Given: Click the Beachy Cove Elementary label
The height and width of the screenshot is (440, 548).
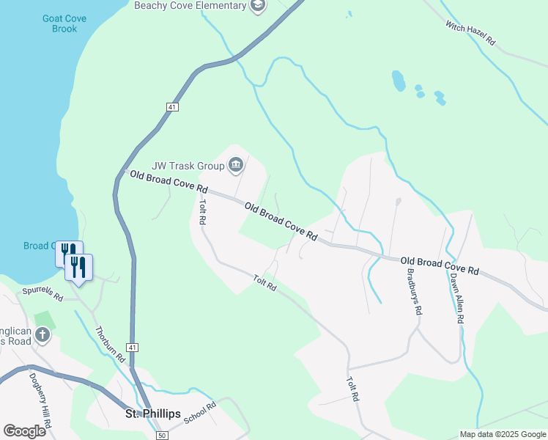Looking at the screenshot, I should click(x=190, y=6).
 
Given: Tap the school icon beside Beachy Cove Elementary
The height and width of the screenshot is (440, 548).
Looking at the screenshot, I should click(x=257, y=6).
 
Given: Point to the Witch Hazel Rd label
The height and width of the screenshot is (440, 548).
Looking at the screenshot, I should click(x=470, y=34).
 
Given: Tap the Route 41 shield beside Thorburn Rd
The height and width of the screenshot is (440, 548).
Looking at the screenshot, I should click(x=132, y=347).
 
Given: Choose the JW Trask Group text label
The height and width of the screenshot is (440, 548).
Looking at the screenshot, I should click(x=188, y=166).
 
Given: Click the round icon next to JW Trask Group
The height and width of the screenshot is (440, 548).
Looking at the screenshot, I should click(x=236, y=165).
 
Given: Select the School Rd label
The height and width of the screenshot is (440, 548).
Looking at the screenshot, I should click(x=201, y=412).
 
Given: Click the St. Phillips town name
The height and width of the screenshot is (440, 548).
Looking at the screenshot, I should click(x=152, y=414).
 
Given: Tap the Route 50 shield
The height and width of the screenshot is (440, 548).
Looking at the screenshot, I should click(x=162, y=435).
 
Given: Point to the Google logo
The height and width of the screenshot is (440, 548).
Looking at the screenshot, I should click(x=24, y=431).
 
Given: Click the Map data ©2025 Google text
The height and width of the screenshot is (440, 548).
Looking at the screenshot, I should click(x=503, y=434).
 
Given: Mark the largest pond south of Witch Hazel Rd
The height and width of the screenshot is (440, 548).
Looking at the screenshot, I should click(x=398, y=80).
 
